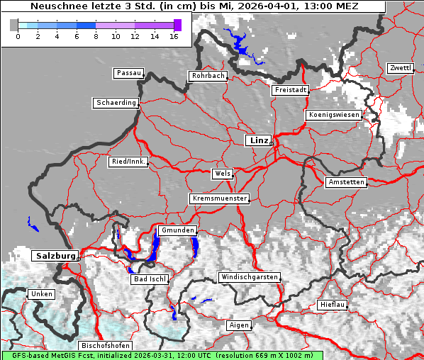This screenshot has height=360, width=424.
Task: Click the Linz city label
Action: click(x=258, y=140)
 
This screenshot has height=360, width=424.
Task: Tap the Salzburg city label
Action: click(x=55, y=255)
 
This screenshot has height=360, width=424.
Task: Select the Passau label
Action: click(x=128, y=73)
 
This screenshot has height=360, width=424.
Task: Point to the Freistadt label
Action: click(x=290, y=90)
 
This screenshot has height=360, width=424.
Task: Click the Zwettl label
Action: click(x=400, y=68)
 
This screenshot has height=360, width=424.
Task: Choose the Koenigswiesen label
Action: click(x=334, y=115)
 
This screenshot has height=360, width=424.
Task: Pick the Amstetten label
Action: click(x=346, y=182)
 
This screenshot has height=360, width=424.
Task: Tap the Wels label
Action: click(x=222, y=174)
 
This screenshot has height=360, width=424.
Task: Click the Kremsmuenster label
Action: click(x=220, y=198)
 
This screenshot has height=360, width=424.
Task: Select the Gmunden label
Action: click(x=177, y=231)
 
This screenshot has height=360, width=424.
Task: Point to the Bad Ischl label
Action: click(x=150, y=279)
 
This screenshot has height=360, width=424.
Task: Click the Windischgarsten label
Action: click(x=248, y=277)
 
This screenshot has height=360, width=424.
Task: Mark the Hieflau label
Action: click(x=333, y=305)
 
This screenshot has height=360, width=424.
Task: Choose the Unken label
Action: click(x=40, y=294)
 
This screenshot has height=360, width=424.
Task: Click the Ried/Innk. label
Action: click(x=128, y=162)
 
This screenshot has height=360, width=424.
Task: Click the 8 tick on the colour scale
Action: click(x=96, y=35)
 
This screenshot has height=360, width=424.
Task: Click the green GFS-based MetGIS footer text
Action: click(x=162, y=355)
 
